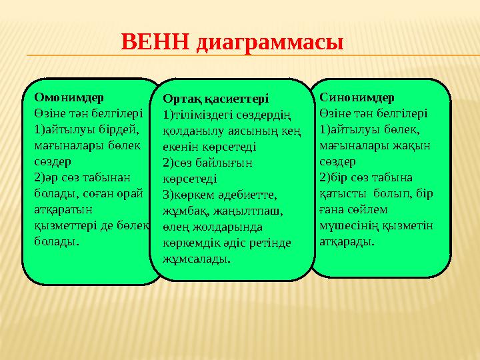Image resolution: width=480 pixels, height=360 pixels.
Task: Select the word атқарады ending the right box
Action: click(347, 241)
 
